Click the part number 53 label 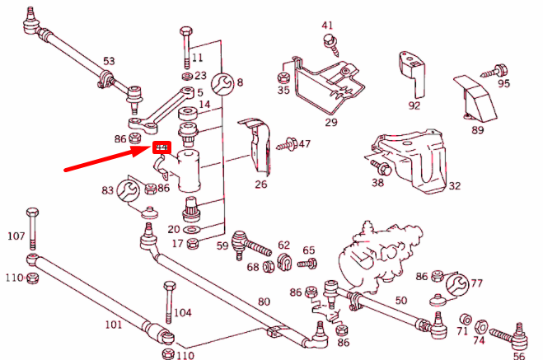109,62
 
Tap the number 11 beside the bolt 196,58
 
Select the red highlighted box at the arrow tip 161,148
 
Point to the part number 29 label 330,122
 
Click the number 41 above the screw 327,26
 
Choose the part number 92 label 414,105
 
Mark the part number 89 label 477,129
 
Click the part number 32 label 454,186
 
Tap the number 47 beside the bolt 304,144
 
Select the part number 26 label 260,184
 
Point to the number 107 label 16,236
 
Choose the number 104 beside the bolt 182,313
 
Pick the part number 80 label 264,302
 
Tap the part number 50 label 401,302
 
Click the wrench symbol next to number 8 221,82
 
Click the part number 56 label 518,356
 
